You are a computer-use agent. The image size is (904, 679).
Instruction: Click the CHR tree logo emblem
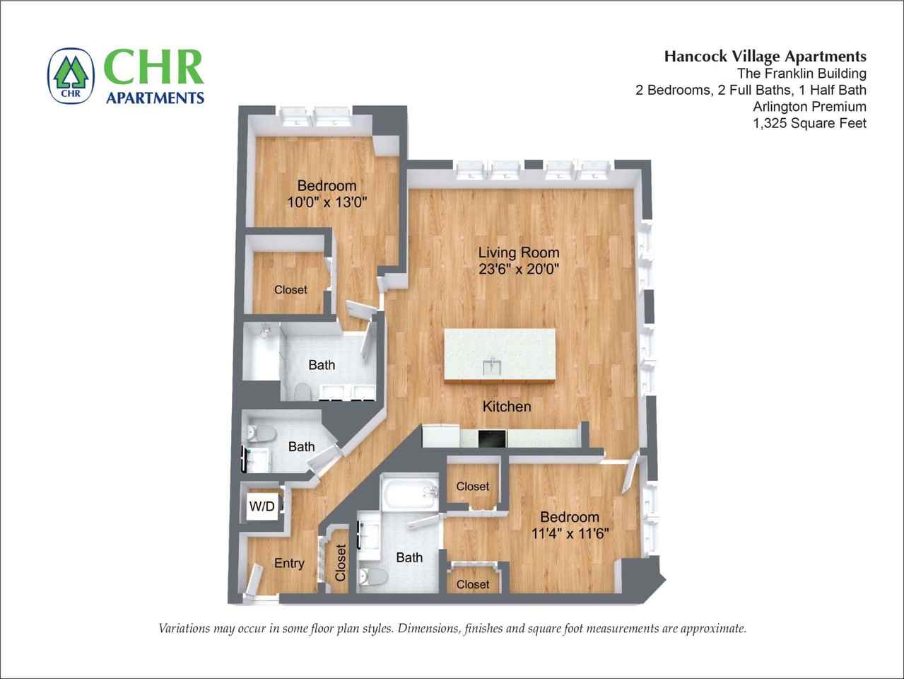[71, 76]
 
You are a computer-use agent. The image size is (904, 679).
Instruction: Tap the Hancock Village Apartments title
[765, 56]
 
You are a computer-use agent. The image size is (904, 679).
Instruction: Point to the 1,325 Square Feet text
[810, 123]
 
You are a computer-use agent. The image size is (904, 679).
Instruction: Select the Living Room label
[519, 253]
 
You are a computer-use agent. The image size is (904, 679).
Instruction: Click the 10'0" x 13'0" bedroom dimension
[327, 202]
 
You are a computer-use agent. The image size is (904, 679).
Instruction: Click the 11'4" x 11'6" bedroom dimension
[570, 534]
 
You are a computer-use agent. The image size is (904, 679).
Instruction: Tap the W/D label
[262, 506]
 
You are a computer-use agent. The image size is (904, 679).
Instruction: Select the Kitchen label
[507, 407]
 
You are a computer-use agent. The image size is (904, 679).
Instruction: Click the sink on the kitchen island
[492, 366]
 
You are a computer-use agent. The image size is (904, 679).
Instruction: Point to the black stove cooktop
[493, 439]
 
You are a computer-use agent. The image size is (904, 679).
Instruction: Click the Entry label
[289, 563]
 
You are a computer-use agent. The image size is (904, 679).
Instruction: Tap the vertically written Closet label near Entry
[340, 563]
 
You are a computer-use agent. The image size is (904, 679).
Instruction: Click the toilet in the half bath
[261, 434]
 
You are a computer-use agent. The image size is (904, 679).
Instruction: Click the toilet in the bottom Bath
[372, 577]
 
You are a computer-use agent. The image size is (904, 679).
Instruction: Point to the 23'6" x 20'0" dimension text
[519, 269]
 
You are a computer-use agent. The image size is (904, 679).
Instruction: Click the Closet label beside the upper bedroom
[290, 290]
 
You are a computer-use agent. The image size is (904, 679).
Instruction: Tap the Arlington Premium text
[810, 107]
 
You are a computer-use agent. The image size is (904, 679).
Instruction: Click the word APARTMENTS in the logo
[155, 98]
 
